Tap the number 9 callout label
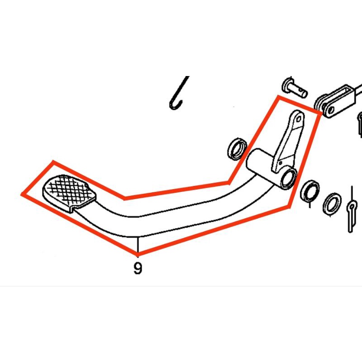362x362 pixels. point(138,269)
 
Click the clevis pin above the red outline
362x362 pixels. point(295,89)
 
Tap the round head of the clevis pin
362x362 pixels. point(287,84)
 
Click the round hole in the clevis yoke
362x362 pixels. point(329,109)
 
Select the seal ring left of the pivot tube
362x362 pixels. point(237,149)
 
